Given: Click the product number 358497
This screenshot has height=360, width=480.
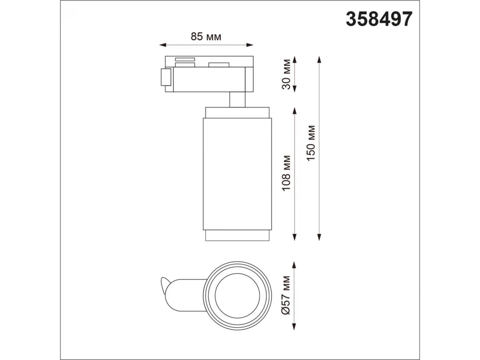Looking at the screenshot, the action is (x=379, y=19).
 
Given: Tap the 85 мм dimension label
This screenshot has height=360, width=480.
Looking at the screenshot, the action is (x=206, y=37).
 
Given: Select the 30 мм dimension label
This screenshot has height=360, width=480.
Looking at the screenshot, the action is (x=286, y=74).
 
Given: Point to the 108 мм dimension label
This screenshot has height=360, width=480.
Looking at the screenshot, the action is (x=286, y=173).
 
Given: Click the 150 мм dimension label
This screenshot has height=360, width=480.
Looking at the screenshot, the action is (x=311, y=143).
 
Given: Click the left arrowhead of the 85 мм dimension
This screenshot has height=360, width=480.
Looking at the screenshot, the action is (x=163, y=45).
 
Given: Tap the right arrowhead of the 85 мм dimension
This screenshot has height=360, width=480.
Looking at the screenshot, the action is (x=250, y=45).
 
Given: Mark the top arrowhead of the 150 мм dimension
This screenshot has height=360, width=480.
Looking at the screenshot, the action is (x=319, y=60).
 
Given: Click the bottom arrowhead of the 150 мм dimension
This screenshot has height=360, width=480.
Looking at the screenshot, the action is (x=319, y=237).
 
